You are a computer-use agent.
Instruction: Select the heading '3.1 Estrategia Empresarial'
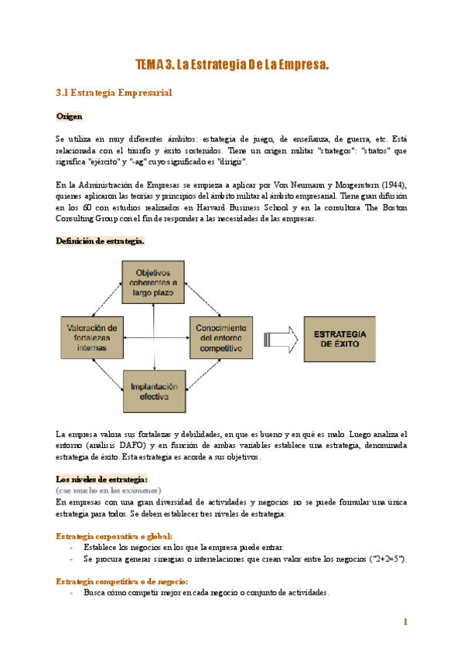pyautogui.click(x=114, y=93)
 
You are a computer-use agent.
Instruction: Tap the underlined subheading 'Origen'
pyautogui.click(x=69, y=116)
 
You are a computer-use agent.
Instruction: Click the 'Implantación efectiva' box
pyautogui.click(x=154, y=391)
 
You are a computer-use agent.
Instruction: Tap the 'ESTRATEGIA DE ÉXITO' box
pyautogui.click(x=343, y=339)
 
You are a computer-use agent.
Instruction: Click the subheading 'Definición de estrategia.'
pyautogui.click(x=100, y=241)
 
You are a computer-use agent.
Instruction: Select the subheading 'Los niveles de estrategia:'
pyautogui.click(x=102, y=479)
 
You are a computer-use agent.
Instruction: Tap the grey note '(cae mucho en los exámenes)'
pyautogui.click(x=108, y=490)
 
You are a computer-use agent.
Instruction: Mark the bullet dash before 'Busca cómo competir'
pyautogui.click(x=72, y=593)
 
